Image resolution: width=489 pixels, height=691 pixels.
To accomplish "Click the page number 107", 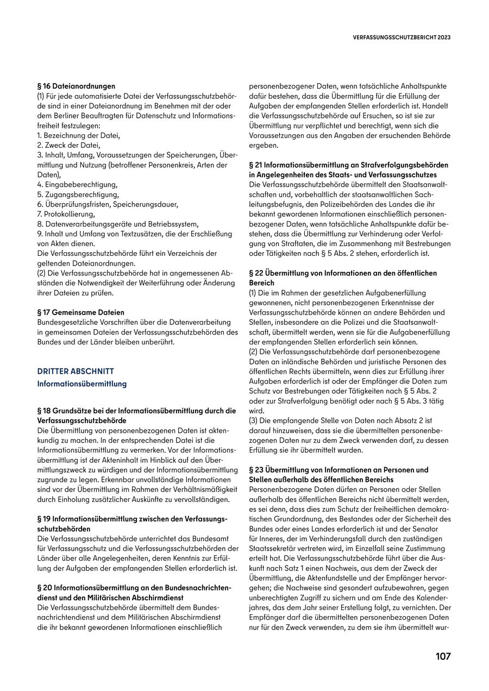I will pyautogui.click(x=443, y=656).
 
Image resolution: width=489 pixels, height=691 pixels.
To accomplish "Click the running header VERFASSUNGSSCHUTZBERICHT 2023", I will pyautogui.click(x=402, y=37).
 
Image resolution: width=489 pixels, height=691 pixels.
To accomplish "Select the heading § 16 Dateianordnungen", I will pyautogui.click(x=76, y=86).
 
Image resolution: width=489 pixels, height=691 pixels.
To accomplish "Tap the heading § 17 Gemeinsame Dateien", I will pyautogui.click(x=81, y=312).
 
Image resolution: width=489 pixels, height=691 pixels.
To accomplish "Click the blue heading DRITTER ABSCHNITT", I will pyautogui.click(x=76, y=371).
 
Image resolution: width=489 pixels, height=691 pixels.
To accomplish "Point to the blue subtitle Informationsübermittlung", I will pyautogui.click(x=82, y=384).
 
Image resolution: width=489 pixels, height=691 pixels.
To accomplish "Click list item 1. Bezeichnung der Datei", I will pyautogui.click(x=79, y=135).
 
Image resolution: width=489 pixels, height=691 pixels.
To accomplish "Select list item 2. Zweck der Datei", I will pyautogui.click(x=69, y=145).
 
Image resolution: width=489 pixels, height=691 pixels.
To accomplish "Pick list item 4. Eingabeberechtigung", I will pyautogui.click(x=78, y=185).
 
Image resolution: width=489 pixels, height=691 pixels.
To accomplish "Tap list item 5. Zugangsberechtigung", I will pyautogui.click(x=78, y=194).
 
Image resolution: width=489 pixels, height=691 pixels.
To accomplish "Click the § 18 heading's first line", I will pyautogui.click(x=136, y=411).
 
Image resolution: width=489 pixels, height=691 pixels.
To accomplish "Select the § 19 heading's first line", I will pyautogui.click(x=132, y=519).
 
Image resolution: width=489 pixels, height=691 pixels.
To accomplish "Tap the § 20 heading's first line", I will pyautogui.click(x=134, y=588).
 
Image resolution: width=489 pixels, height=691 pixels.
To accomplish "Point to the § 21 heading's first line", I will pyautogui.click(x=348, y=165).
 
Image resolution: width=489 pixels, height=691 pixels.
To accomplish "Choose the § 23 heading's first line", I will pyautogui.click(x=338, y=469).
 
